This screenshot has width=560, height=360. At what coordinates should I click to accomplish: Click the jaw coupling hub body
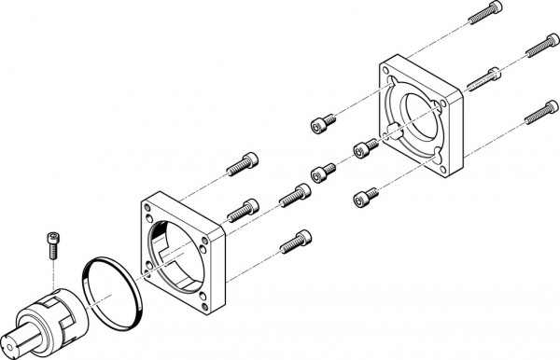tap(59, 317)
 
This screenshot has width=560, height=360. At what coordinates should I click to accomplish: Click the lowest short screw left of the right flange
tap(365, 198)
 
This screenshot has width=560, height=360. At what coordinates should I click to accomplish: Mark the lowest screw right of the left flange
tap(295, 242)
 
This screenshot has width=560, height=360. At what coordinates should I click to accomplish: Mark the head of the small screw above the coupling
tap(49, 237)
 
